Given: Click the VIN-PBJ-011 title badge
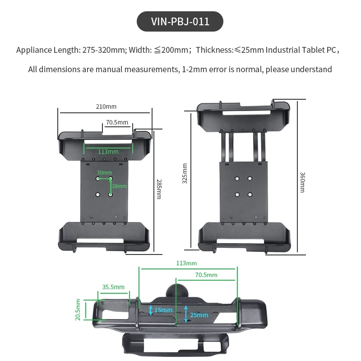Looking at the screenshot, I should [x=180, y=22].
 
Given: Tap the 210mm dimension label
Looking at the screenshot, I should [x=106, y=107].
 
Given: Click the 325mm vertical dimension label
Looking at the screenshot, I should [x=184, y=173].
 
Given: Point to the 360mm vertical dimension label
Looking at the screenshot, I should [x=303, y=182].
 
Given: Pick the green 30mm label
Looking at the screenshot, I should [x=104, y=172].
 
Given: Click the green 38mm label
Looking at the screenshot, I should [x=120, y=186].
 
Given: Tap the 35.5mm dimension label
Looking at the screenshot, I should [x=113, y=287].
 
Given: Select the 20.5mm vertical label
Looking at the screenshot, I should [x=78, y=310].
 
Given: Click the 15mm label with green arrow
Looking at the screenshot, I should [x=163, y=310].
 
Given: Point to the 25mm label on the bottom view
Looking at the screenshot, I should [x=199, y=315].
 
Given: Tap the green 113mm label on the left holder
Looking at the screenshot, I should [x=108, y=152].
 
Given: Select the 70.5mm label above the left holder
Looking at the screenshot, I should [x=117, y=122].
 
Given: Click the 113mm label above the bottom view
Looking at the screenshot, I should [x=186, y=263].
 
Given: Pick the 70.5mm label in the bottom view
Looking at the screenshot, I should [x=206, y=275].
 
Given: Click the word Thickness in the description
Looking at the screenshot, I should [x=214, y=50].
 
